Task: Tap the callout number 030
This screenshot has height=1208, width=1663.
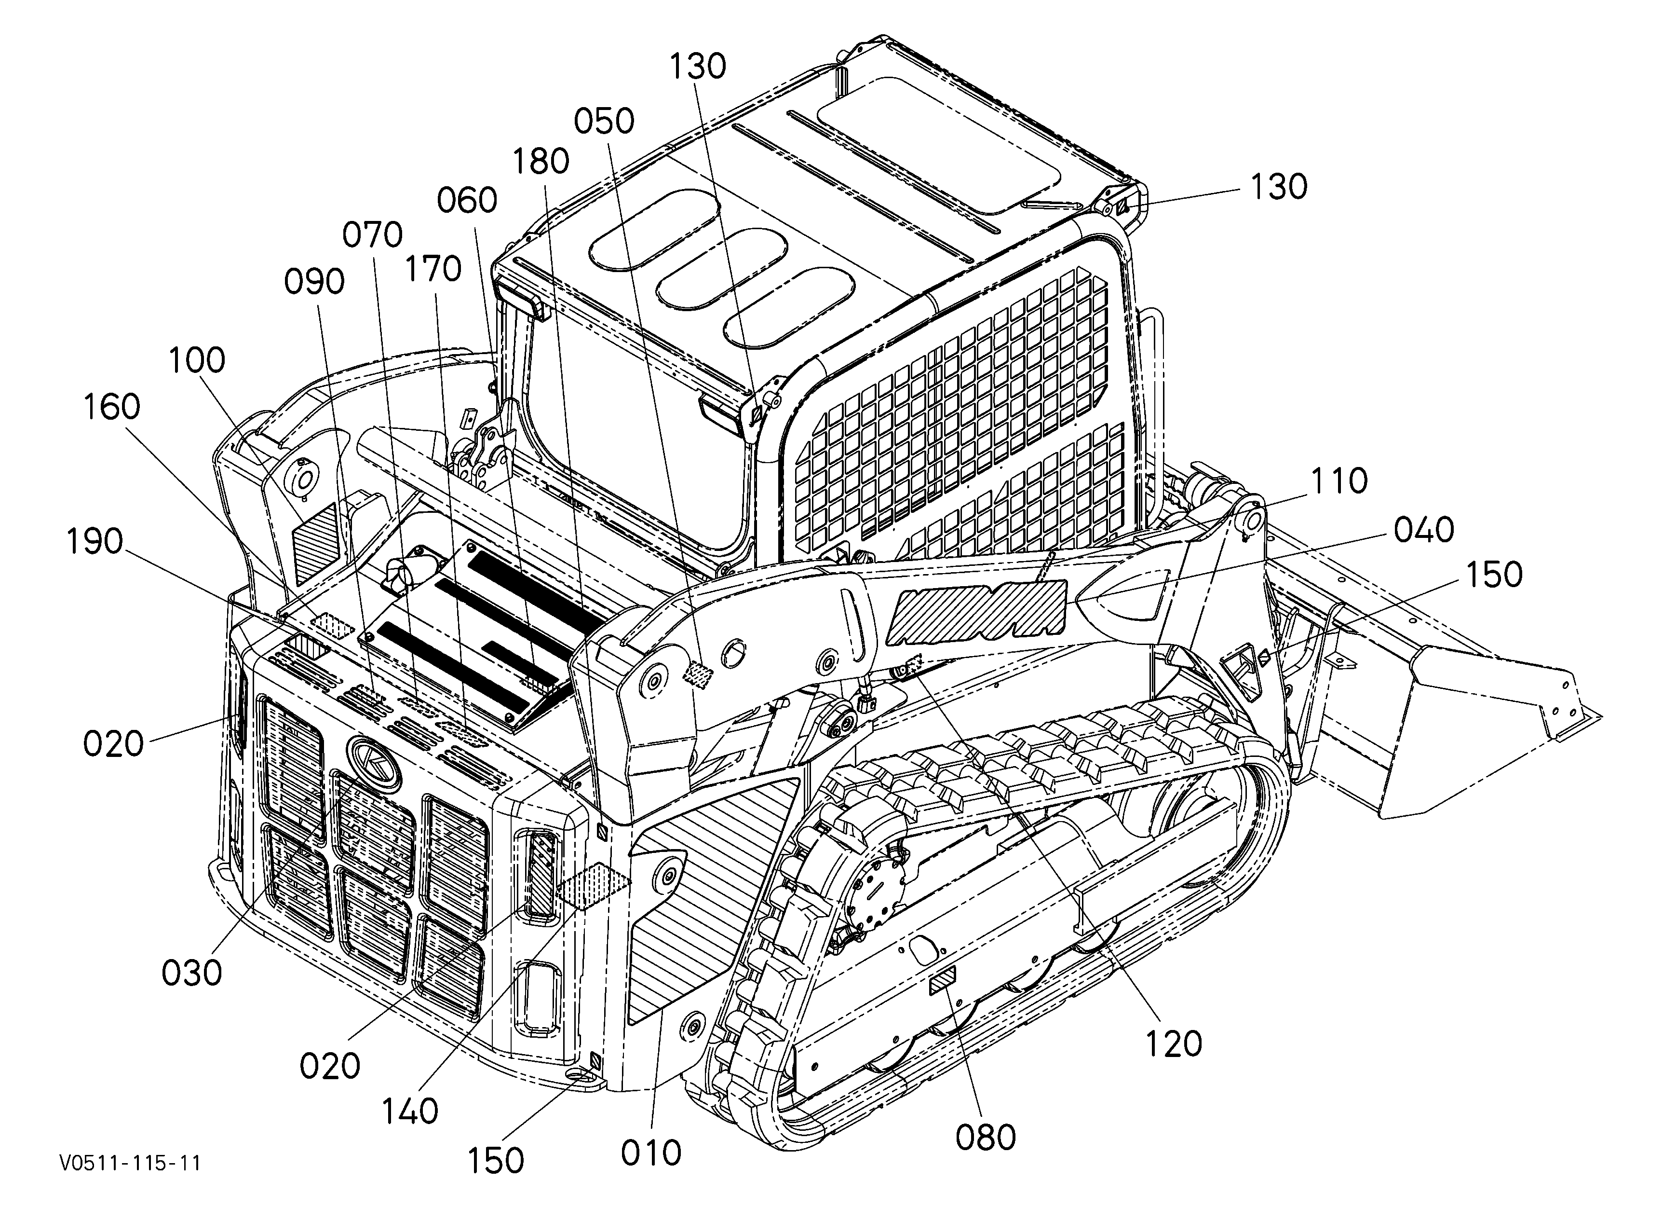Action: (x=192, y=973)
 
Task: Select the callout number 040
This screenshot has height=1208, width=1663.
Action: (x=1424, y=530)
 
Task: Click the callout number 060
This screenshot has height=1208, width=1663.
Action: (x=467, y=200)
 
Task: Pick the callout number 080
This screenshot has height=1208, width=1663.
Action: (x=986, y=1138)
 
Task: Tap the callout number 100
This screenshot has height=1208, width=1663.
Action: (x=197, y=360)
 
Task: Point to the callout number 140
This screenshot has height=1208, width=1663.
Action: (x=410, y=1111)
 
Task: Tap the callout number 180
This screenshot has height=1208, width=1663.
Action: (x=541, y=161)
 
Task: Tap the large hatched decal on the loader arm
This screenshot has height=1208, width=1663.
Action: (x=977, y=608)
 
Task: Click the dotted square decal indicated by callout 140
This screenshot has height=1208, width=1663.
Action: (x=594, y=887)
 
